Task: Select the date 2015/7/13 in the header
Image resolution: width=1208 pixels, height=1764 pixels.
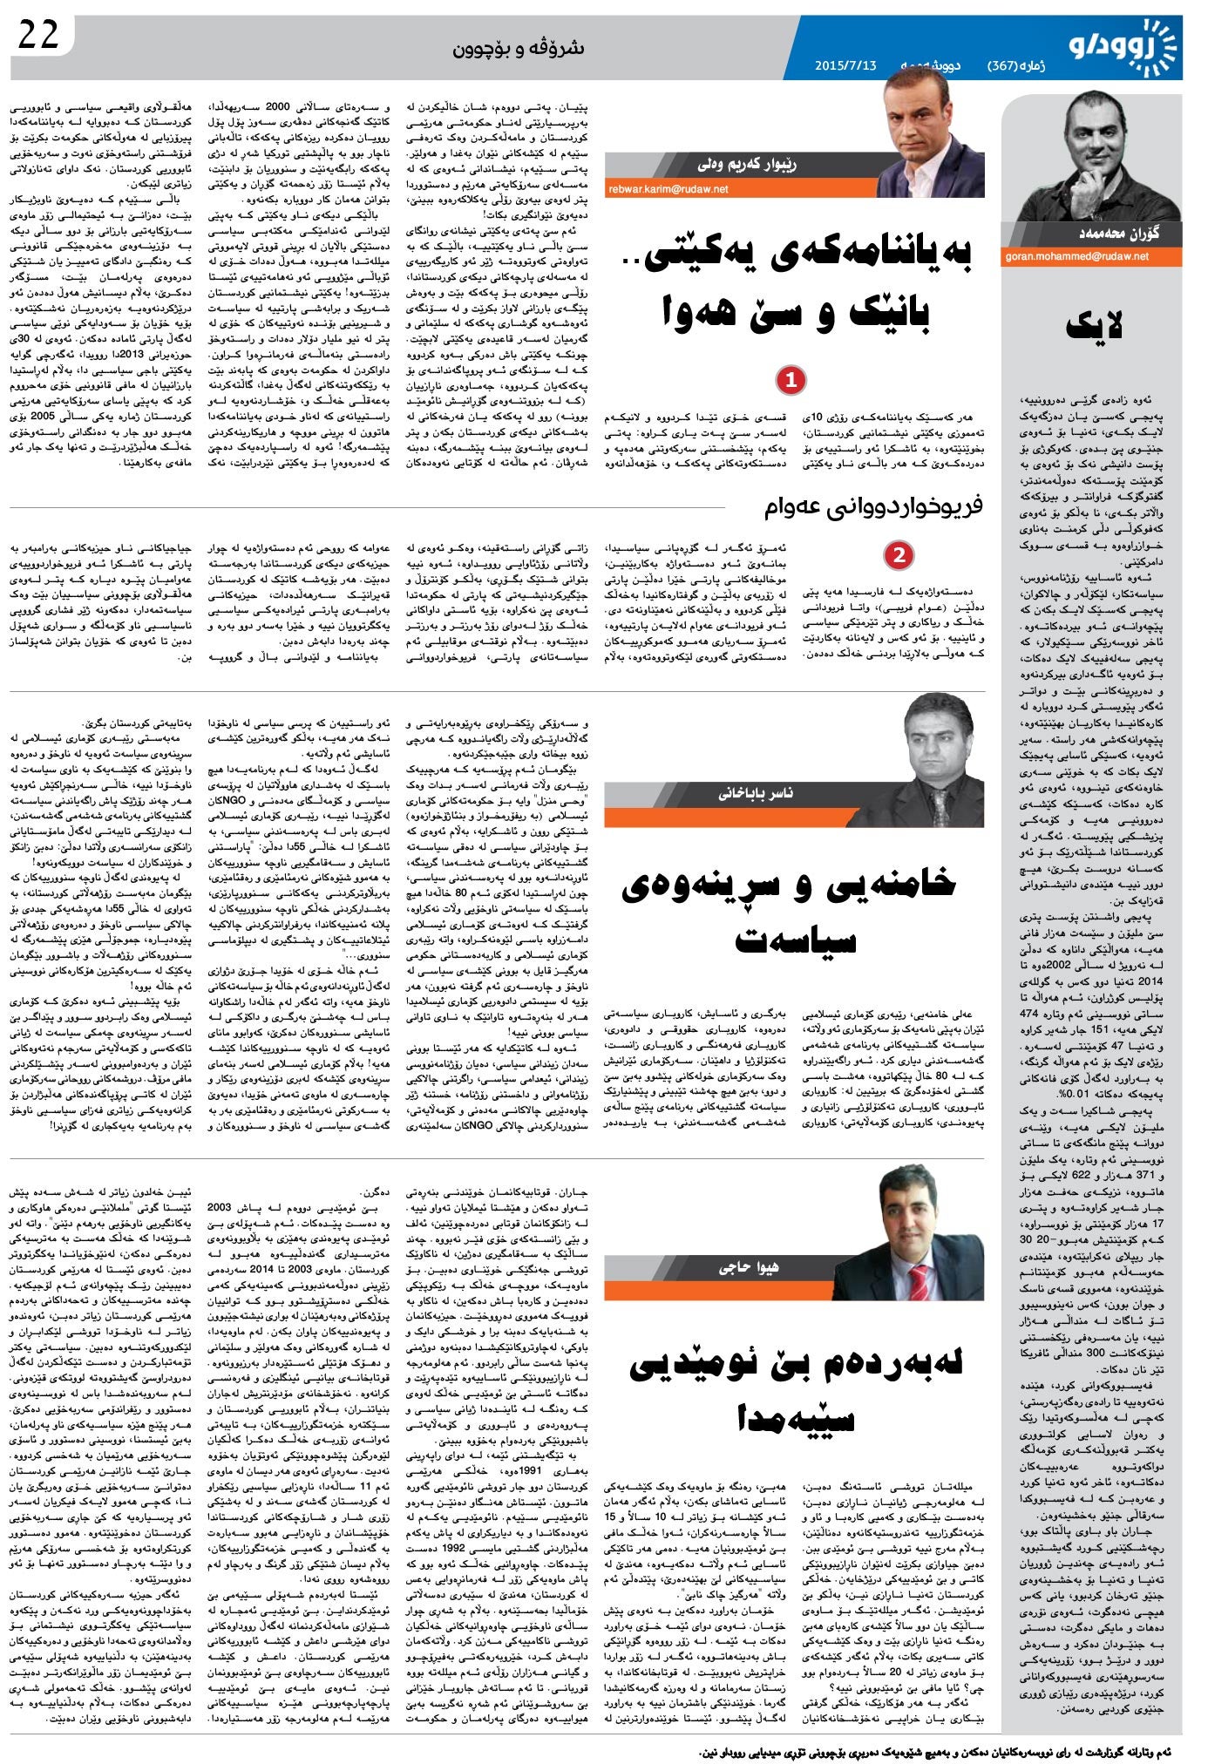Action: pos(845,65)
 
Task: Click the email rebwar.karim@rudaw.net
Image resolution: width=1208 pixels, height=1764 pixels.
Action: pos(668,188)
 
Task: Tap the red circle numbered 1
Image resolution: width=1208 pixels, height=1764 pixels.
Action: pos(791,380)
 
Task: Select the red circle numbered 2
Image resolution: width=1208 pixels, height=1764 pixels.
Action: pos(899,554)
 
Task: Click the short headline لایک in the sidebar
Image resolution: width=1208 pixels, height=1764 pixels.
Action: pos(1095,327)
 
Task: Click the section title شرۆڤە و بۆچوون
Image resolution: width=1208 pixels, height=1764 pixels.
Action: pos(518,48)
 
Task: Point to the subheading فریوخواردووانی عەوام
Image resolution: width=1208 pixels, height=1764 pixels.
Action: pos(873,506)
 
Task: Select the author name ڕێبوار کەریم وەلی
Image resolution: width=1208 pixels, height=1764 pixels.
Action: pos(747,164)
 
